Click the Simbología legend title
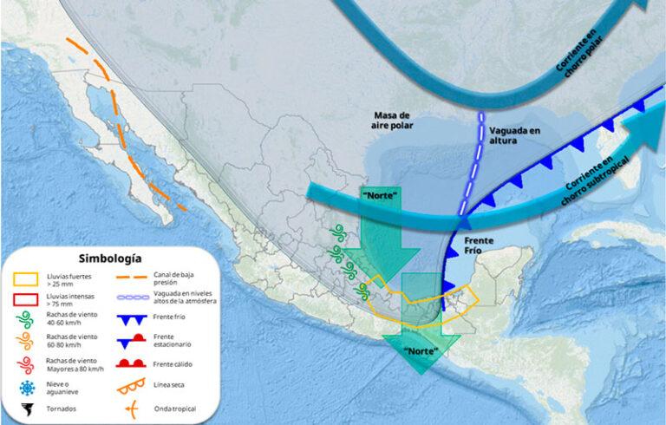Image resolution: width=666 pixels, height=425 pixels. (x=110, y=258)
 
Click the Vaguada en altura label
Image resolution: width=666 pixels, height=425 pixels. (x=513, y=135)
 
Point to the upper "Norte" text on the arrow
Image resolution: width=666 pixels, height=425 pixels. (x=382, y=195)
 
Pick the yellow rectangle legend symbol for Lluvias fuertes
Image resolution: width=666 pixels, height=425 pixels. (x=27, y=279)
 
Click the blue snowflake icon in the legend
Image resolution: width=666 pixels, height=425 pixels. (x=27, y=386)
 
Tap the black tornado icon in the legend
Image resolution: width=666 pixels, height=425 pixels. (x=27, y=409)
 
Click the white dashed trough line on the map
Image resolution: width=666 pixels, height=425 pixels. (x=474, y=165)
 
